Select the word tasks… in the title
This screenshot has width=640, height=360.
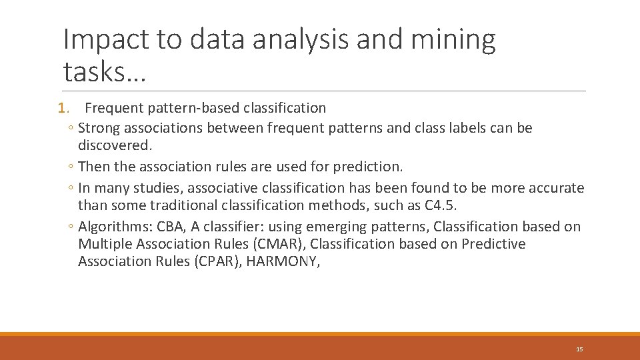point(103,71)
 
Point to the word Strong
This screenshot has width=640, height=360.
point(99,128)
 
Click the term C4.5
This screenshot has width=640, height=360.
point(440,205)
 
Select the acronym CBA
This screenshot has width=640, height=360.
point(171,227)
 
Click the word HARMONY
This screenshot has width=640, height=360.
point(283,261)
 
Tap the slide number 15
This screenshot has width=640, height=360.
point(579,349)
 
